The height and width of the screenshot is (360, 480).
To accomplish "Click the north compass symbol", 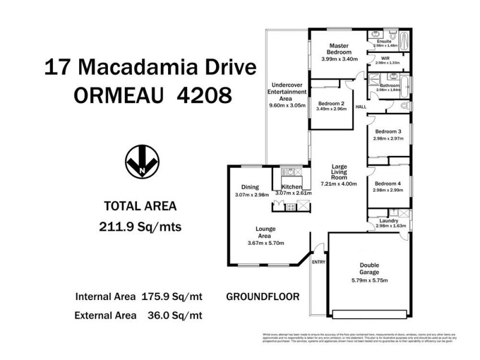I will [142, 162].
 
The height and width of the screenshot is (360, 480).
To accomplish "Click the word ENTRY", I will [318, 262].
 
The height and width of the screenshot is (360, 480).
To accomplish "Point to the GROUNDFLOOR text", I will [263, 296].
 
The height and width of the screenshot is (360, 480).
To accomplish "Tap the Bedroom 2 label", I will [331, 103].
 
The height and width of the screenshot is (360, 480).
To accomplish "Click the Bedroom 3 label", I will [388, 131].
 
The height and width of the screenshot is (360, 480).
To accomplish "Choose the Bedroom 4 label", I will [388, 184].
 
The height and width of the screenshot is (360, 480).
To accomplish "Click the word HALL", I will [361, 107].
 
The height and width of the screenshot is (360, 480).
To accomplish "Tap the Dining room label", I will [250, 187].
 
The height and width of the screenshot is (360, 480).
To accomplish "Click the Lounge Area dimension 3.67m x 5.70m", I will [265, 243].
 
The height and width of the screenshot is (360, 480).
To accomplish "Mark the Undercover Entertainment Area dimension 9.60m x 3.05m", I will [288, 106].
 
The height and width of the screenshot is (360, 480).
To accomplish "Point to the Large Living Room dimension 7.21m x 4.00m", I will [339, 184].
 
